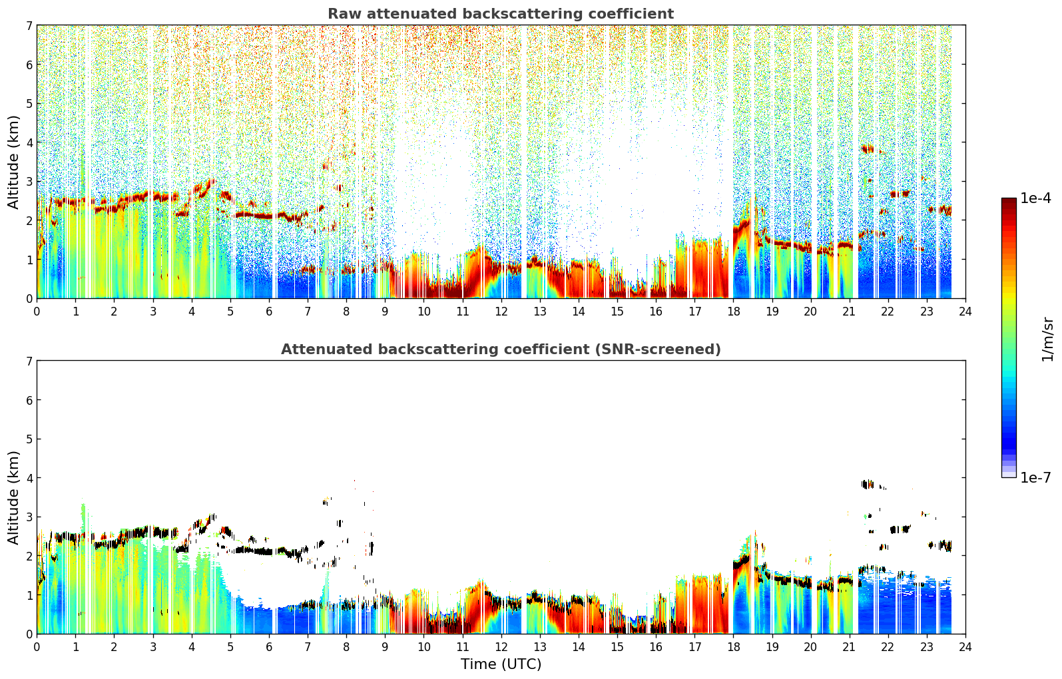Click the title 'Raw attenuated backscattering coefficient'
point(501,14)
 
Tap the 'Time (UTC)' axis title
point(501,664)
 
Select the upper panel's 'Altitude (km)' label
point(13,162)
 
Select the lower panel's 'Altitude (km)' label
point(13,498)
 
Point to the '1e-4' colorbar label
point(1035,198)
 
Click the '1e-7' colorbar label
point(1035,477)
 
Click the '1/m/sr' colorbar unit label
point(1047,339)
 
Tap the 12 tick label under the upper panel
point(501,312)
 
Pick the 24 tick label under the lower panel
point(965,647)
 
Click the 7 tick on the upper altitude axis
point(29,25)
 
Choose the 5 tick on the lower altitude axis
point(29,439)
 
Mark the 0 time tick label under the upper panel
point(37,312)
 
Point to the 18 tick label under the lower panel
point(734,647)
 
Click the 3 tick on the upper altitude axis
point(29,181)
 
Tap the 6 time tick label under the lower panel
point(269,647)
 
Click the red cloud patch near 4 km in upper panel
point(868,149)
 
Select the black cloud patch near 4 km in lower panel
point(868,484)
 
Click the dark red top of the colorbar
point(1009,201)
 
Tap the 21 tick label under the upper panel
point(849,312)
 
